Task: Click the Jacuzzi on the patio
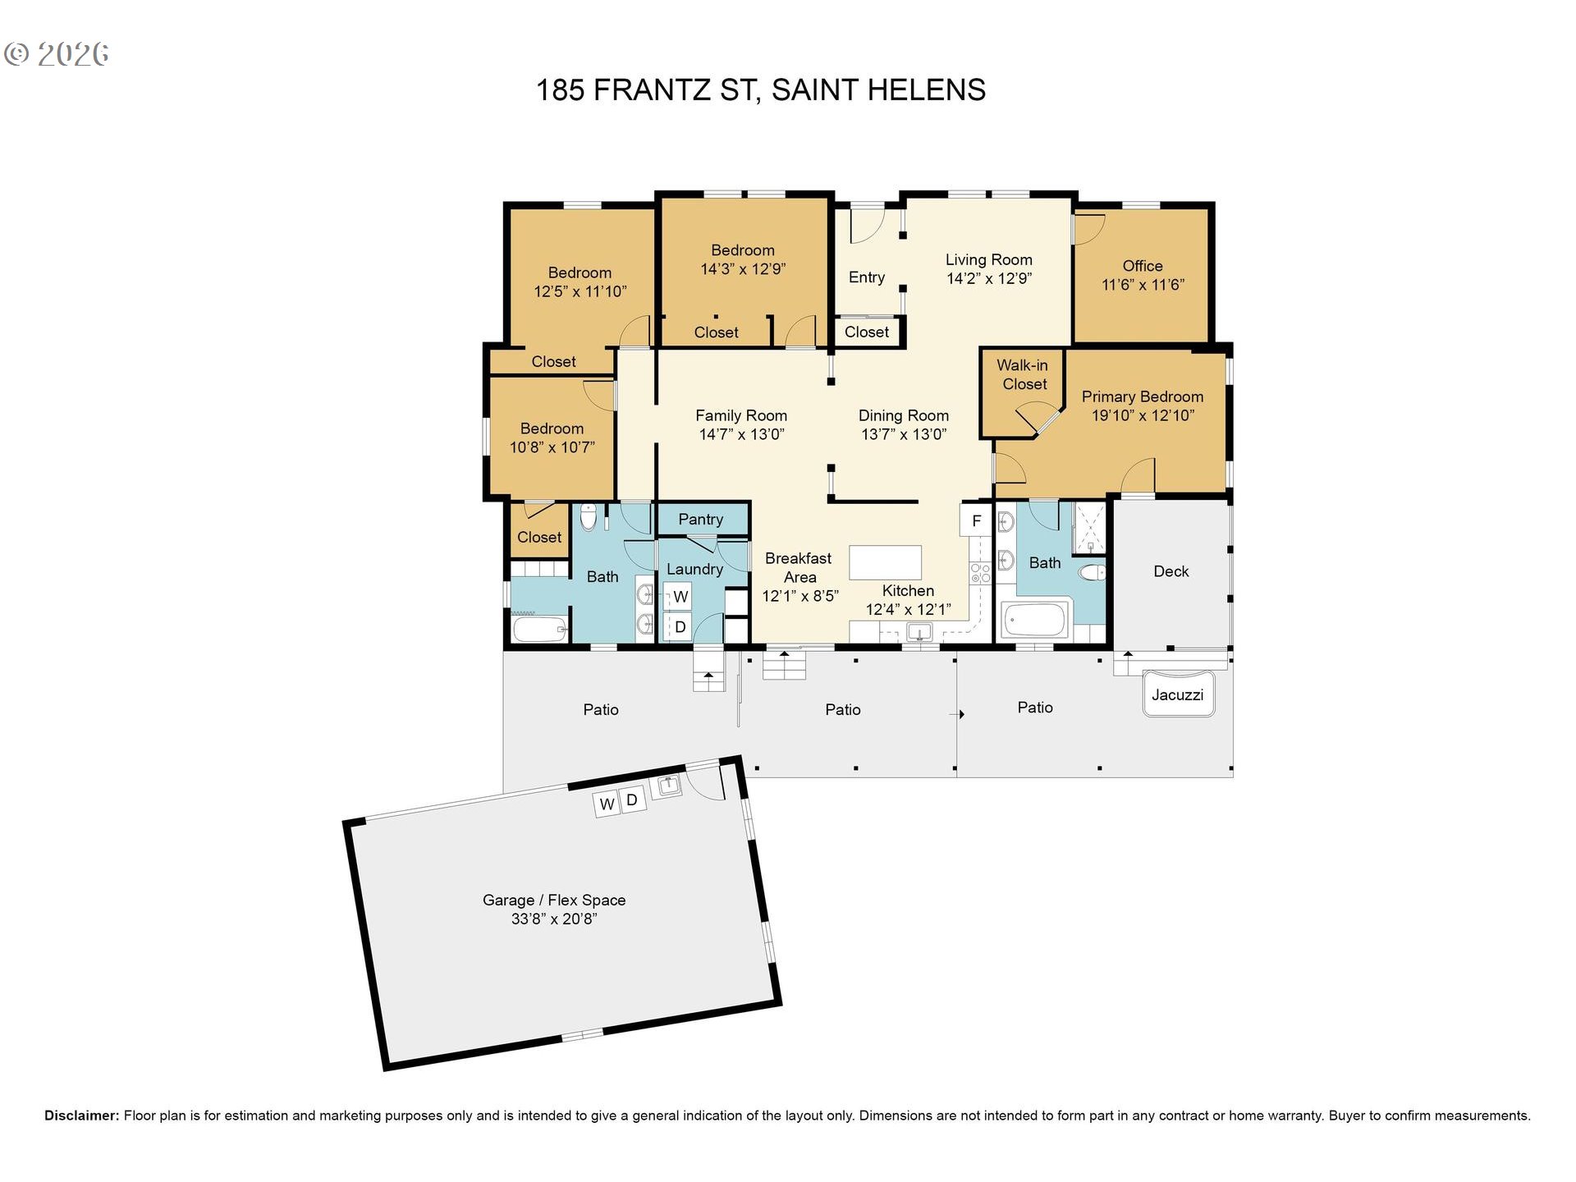(x=1178, y=694)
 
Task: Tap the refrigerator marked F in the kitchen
(x=976, y=520)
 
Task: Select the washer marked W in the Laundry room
(x=679, y=597)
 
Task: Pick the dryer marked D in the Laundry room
(x=679, y=627)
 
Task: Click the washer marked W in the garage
(x=606, y=804)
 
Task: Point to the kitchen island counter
(x=885, y=563)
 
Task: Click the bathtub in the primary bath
(x=1034, y=621)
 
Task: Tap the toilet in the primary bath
(x=1093, y=572)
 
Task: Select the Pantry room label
(x=701, y=519)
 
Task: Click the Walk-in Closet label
(x=1024, y=374)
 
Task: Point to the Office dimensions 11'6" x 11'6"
(x=1143, y=285)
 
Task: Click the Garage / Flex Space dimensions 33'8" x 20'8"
(x=554, y=919)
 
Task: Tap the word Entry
(x=867, y=277)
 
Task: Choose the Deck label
(x=1171, y=571)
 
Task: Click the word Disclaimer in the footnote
(x=81, y=1116)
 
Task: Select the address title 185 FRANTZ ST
(x=647, y=89)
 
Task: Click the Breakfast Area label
(x=799, y=567)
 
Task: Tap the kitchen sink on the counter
(x=919, y=631)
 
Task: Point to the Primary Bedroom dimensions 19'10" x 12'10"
(x=1143, y=415)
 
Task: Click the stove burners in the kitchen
(x=980, y=573)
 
